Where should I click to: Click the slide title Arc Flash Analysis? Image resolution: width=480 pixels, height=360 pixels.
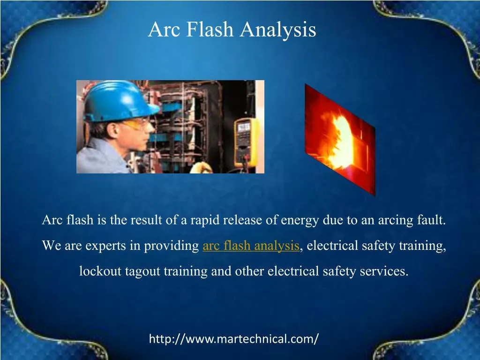coord(232,30)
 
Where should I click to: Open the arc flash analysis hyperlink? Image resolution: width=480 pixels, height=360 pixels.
coord(251,246)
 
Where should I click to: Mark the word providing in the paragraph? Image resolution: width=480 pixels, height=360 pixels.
coord(172,246)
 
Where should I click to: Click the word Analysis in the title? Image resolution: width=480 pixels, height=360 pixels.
coord(278,30)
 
